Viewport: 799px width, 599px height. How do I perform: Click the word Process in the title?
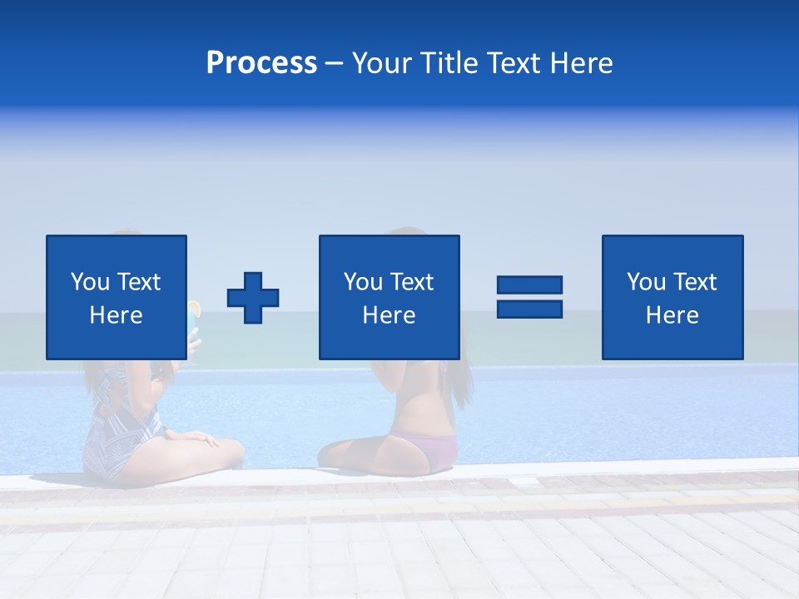(x=261, y=63)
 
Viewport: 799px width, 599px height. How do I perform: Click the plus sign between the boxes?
(x=253, y=297)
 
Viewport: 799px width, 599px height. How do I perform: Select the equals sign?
(x=529, y=297)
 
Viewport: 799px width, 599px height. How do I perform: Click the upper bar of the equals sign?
(x=529, y=285)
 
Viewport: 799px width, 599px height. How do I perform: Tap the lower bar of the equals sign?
(x=529, y=309)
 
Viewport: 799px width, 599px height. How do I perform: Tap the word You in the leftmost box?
(x=89, y=282)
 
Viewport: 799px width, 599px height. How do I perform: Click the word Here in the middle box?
(x=389, y=315)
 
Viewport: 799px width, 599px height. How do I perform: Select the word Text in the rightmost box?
(x=696, y=282)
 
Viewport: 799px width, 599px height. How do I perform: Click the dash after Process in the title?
(x=335, y=63)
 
